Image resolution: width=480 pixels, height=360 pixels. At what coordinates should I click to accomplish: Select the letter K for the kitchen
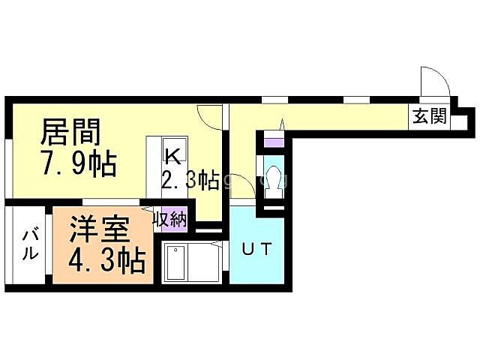pyautogui.click(x=172, y=156)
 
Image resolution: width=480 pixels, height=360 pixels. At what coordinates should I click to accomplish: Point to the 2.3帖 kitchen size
pyautogui.click(x=190, y=181)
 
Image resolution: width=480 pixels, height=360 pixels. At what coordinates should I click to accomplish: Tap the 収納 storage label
pyautogui.click(x=170, y=219)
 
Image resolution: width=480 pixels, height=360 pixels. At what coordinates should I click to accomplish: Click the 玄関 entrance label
pyautogui.click(x=428, y=116)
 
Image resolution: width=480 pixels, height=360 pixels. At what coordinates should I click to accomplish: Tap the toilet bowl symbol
pyautogui.click(x=272, y=178)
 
